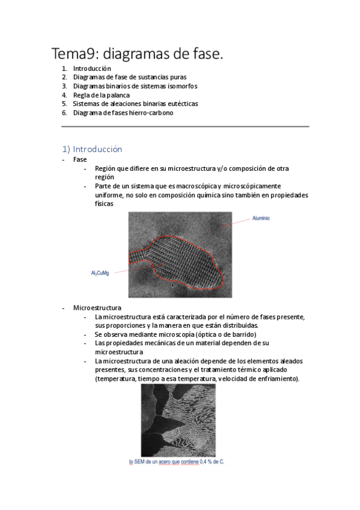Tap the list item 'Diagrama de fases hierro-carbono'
click(x=123, y=112)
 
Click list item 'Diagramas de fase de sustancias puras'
click(x=129, y=77)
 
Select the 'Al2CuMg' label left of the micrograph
click(x=100, y=273)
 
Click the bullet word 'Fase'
click(x=80, y=159)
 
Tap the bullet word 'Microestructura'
click(x=97, y=308)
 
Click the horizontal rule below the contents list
click(x=185, y=126)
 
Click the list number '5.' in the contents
click(x=64, y=103)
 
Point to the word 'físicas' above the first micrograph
click(x=103, y=204)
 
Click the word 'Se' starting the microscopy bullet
click(x=99, y=334)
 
